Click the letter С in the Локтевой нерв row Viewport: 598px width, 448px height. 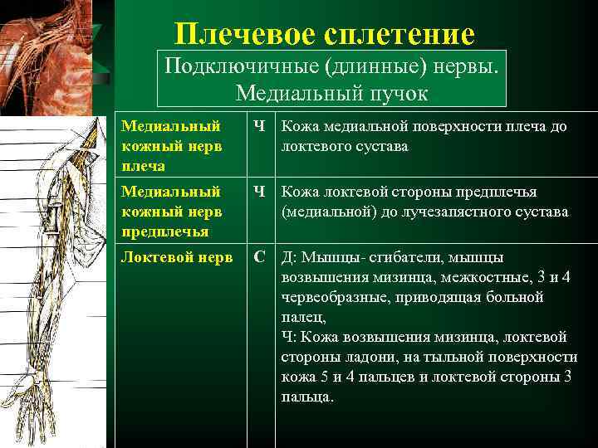point(260,258)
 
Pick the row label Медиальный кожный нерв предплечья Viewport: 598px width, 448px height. point(171,212)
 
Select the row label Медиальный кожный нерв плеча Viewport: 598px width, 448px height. point(171,144)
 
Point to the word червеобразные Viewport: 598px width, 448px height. point(329,297)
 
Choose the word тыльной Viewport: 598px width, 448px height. point(457,357)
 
